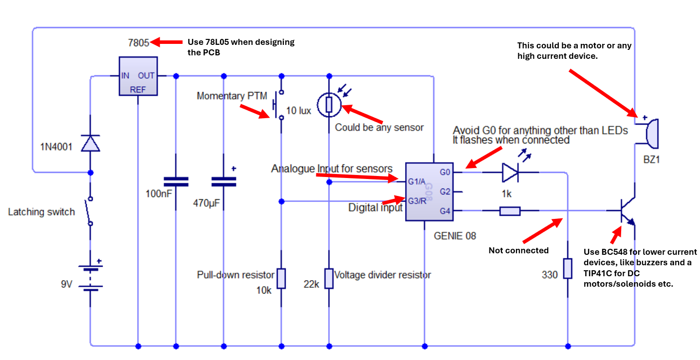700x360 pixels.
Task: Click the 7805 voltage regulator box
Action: pos(138,76)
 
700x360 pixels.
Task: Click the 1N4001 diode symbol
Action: pos(90,144)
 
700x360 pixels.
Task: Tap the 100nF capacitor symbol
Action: pos(176,181)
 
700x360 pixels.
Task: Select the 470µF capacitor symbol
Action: pos(224,181)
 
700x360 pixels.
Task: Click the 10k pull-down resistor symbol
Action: pos(281,278)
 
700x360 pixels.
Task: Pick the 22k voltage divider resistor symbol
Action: pos(329,278)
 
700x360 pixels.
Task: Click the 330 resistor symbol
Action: pos(568,268)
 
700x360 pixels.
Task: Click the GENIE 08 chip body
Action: pos(429,192)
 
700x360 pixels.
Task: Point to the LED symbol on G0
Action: pos(510,173)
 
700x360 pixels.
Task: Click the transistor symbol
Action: pos(626,211)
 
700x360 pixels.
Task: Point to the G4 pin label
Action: pos(445,211)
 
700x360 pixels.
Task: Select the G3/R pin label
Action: pos(417,201)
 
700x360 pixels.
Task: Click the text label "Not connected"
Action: pos(518,250)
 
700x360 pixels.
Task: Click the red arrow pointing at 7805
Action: pos(166,42)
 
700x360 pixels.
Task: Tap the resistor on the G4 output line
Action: pos(510,211)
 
